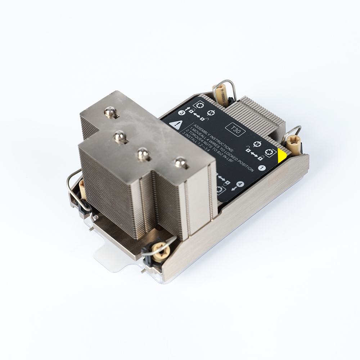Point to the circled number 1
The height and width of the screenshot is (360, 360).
[262, 167]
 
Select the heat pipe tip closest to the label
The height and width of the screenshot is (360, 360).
[181, 163]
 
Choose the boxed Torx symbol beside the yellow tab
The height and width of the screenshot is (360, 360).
[269, 152]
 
